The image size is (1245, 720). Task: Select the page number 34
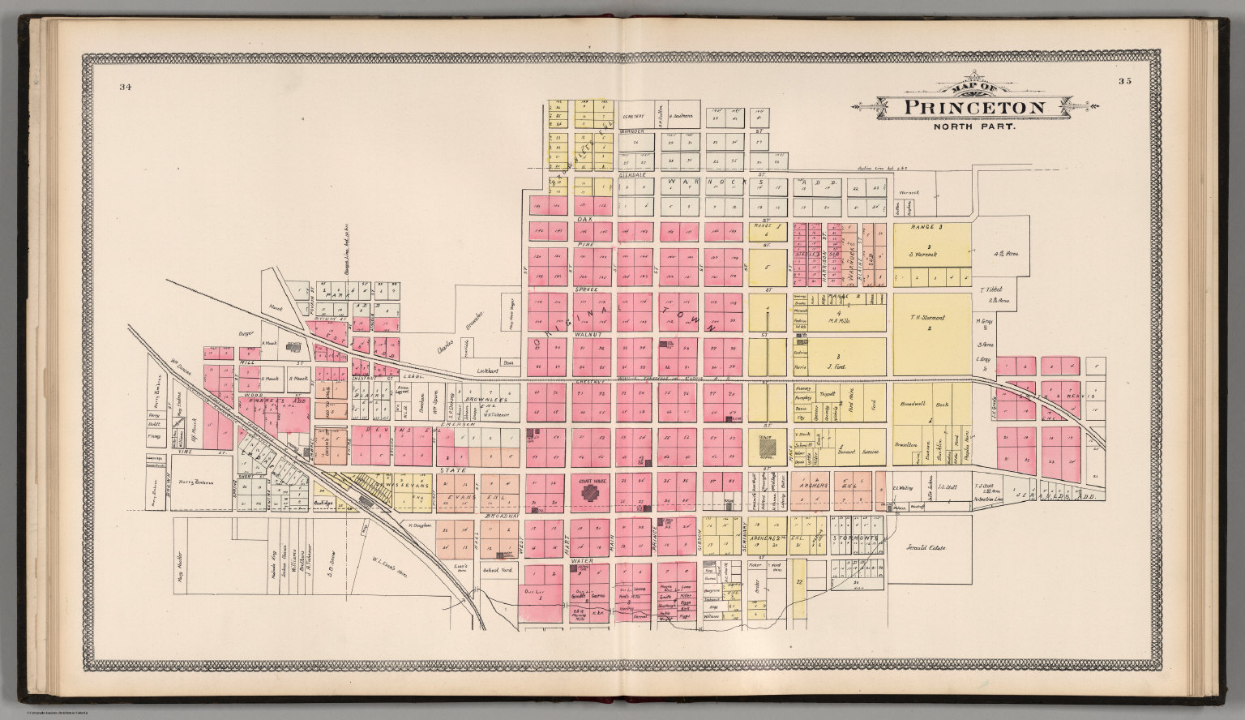click(125, 87)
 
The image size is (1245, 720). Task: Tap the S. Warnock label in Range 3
click(930, 255)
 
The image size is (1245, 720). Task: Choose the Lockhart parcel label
click(486, 369)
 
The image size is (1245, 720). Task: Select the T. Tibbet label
click(992, 289)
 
